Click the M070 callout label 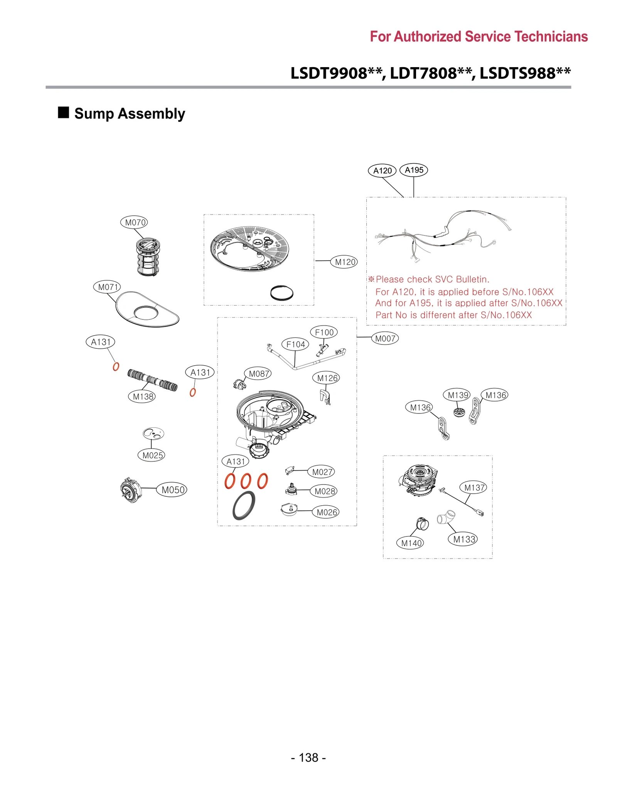[134, 222]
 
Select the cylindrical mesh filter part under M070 [148, 257]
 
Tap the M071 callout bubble [107, 287]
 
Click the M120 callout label [344, 262]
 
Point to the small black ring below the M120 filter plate [282, 293]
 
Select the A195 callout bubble [413, 170]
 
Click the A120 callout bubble [382, 170]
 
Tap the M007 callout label [384, 338]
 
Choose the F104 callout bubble [295, 344]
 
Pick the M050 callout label [172, 489]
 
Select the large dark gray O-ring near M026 [244, 505]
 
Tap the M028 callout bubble [324, 491]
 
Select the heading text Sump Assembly [130, 113]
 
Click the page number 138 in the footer [308, 757]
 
